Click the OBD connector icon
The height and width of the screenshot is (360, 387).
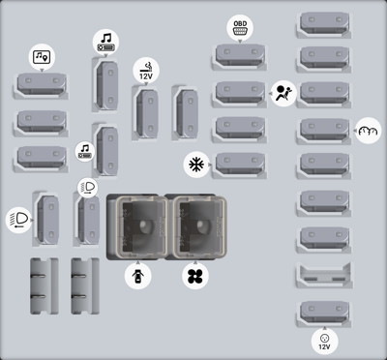[x=240, y=27]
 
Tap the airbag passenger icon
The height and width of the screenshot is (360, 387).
[x=283, y=94]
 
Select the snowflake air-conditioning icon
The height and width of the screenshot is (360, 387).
[x=196, y=165]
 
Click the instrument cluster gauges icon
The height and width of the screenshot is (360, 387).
[x=368, y=131]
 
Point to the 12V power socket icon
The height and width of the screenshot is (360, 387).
[x=324, y=342]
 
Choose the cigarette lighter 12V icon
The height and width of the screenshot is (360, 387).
[x=146, y=71]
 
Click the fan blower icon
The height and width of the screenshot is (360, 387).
[x=195, y=276]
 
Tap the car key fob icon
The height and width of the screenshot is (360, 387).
[x=138, y=276]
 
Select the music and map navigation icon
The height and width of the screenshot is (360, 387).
[x=42, y=57]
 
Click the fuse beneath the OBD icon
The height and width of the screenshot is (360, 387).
[x=240, y=57]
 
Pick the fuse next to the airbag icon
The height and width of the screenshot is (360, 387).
[x=240, y=94]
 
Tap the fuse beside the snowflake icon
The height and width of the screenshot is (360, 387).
[x=240, y=165]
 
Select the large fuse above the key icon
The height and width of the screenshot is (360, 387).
[x=137, y=227]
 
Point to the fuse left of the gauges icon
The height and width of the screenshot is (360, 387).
[x=324, y=131]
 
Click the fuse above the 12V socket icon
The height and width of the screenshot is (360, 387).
[x=324, y=314]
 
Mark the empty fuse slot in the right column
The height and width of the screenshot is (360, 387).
[x=324, y=275]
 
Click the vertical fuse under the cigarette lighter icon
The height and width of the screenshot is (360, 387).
[x=146, y=113]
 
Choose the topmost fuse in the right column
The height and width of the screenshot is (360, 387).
[x=324, y=25]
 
